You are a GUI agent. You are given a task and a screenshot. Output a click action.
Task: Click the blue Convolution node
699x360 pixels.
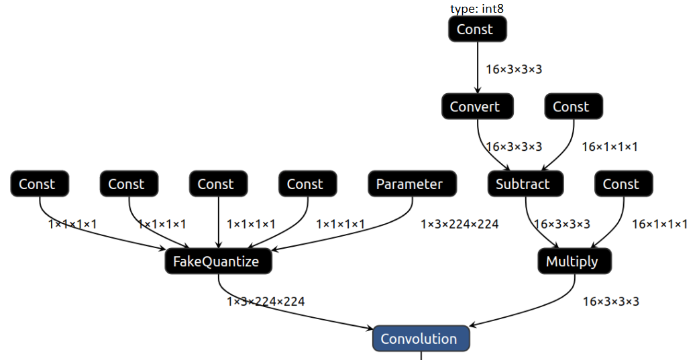click(x=421, y=339)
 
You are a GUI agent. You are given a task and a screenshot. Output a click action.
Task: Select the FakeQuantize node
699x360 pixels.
click(x=218, y=261)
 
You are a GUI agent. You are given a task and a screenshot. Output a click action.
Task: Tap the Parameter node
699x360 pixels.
click(x=412, y=184)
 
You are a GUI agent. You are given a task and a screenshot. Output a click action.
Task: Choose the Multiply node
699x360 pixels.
click(x=574, y=261)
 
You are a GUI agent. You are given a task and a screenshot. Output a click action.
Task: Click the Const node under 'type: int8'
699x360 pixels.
click(x=477, y=29)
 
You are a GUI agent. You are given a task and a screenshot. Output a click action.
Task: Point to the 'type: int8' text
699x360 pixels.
click(x=476, y=8)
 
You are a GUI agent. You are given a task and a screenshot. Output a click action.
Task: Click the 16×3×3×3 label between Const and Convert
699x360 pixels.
click(x=514, y=69)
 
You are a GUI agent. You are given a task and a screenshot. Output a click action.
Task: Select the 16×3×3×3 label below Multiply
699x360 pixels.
click(x=610, y=302)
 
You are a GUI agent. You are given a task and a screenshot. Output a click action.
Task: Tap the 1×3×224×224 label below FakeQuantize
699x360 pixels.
click(x=266, y=302)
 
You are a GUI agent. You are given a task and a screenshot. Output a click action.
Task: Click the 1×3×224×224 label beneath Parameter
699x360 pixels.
click(x=460, y=224)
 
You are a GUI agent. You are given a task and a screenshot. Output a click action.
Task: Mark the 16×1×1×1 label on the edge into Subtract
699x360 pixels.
click(x=609, y=146)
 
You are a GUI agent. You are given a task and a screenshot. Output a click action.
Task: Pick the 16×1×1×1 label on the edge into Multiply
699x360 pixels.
click(x=659, y=224)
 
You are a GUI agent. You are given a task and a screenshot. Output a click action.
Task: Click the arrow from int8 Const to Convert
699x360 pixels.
click(x=478, y=67)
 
